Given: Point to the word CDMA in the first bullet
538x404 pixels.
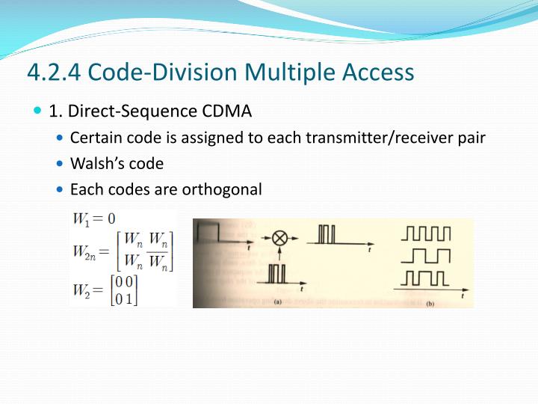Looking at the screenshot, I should coord(227,111).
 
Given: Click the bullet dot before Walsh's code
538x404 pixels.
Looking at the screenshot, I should coord(61,164).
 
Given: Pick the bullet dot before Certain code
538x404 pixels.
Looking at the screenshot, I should coord(61,138).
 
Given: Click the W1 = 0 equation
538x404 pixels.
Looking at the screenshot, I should coord(94,219).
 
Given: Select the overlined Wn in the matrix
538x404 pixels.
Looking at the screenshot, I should coord(159,263).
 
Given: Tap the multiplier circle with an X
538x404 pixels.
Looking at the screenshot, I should coord(279,238).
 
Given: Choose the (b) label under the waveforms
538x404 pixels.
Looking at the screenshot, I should coord(430,303).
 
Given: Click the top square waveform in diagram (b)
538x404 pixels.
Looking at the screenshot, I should coord(427,233).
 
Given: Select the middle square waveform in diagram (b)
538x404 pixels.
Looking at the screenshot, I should coord(427,256).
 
